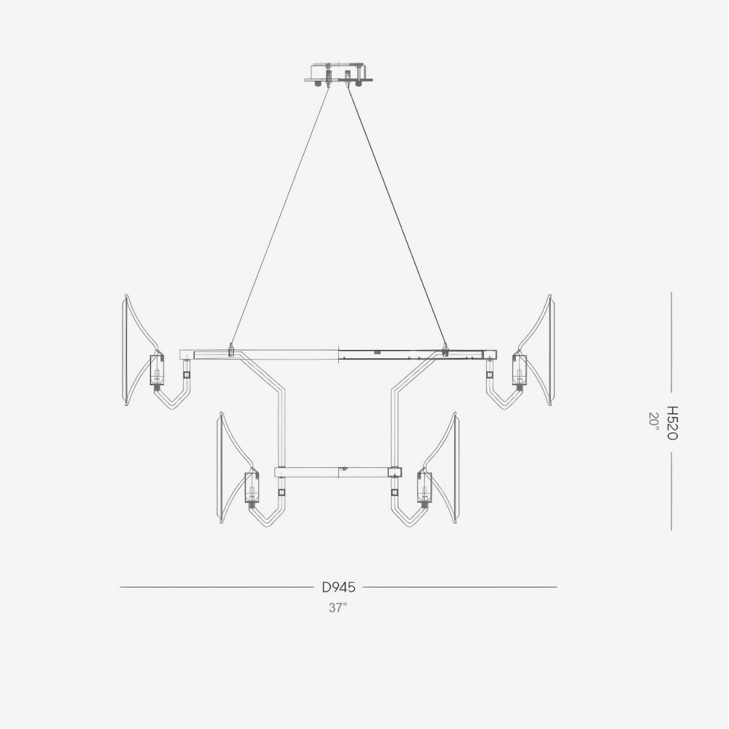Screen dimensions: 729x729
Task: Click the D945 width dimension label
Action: point(338,587)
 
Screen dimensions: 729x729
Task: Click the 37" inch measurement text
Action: point(338,607)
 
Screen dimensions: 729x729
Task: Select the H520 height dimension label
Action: point(671,423)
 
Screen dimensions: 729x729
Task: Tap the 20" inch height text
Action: point(654,419)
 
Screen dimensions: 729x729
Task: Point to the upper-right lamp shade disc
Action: point(549,351)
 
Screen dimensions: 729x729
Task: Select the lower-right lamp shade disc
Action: point(454,468)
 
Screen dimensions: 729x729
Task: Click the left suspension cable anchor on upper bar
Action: point(231,351)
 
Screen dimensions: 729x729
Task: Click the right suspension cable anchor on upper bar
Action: point(445,350)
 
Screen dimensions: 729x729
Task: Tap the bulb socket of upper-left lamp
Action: point(157,370)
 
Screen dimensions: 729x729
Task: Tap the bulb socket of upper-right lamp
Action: point(519,369)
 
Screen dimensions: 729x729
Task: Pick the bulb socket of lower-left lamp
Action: point(251,488)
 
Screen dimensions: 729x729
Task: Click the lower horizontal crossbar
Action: point(334,472)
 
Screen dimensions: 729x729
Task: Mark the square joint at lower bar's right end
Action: point(395,472)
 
